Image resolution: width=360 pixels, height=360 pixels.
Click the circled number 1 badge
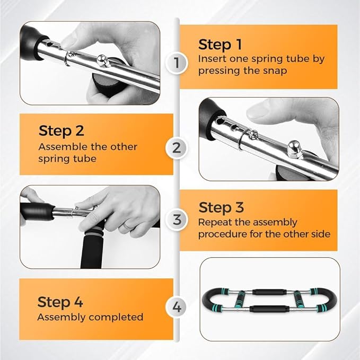(x=177, y=63)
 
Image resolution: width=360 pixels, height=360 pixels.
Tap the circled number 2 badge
(x=177, y=148)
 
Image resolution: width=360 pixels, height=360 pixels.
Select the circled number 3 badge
(x=177, y=219)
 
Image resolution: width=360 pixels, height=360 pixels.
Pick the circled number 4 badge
(x=177, y=307)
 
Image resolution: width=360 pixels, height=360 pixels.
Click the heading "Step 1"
(x=220, y=45)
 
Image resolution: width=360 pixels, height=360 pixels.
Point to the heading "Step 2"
(x=62, y=130)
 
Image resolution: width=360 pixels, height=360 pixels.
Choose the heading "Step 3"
(x=221, y=207)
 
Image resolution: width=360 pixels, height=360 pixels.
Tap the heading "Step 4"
(x=60, y=302)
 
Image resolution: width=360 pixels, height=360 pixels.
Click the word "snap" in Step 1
(x=275, y=71)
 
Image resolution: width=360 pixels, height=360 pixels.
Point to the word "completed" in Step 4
(x=116, y=317)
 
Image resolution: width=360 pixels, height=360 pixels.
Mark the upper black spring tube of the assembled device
(x=269, y=292)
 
